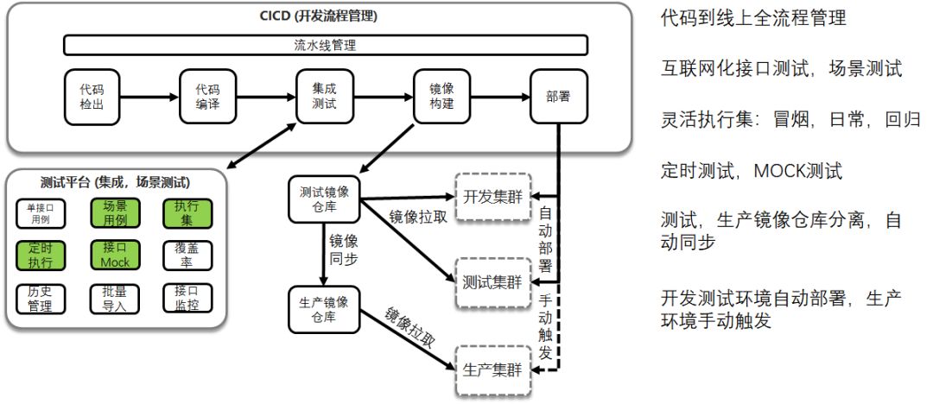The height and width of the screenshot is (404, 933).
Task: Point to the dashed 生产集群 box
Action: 491,371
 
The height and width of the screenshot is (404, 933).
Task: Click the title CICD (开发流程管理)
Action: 319,16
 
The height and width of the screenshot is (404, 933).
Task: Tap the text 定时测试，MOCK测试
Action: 751,171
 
